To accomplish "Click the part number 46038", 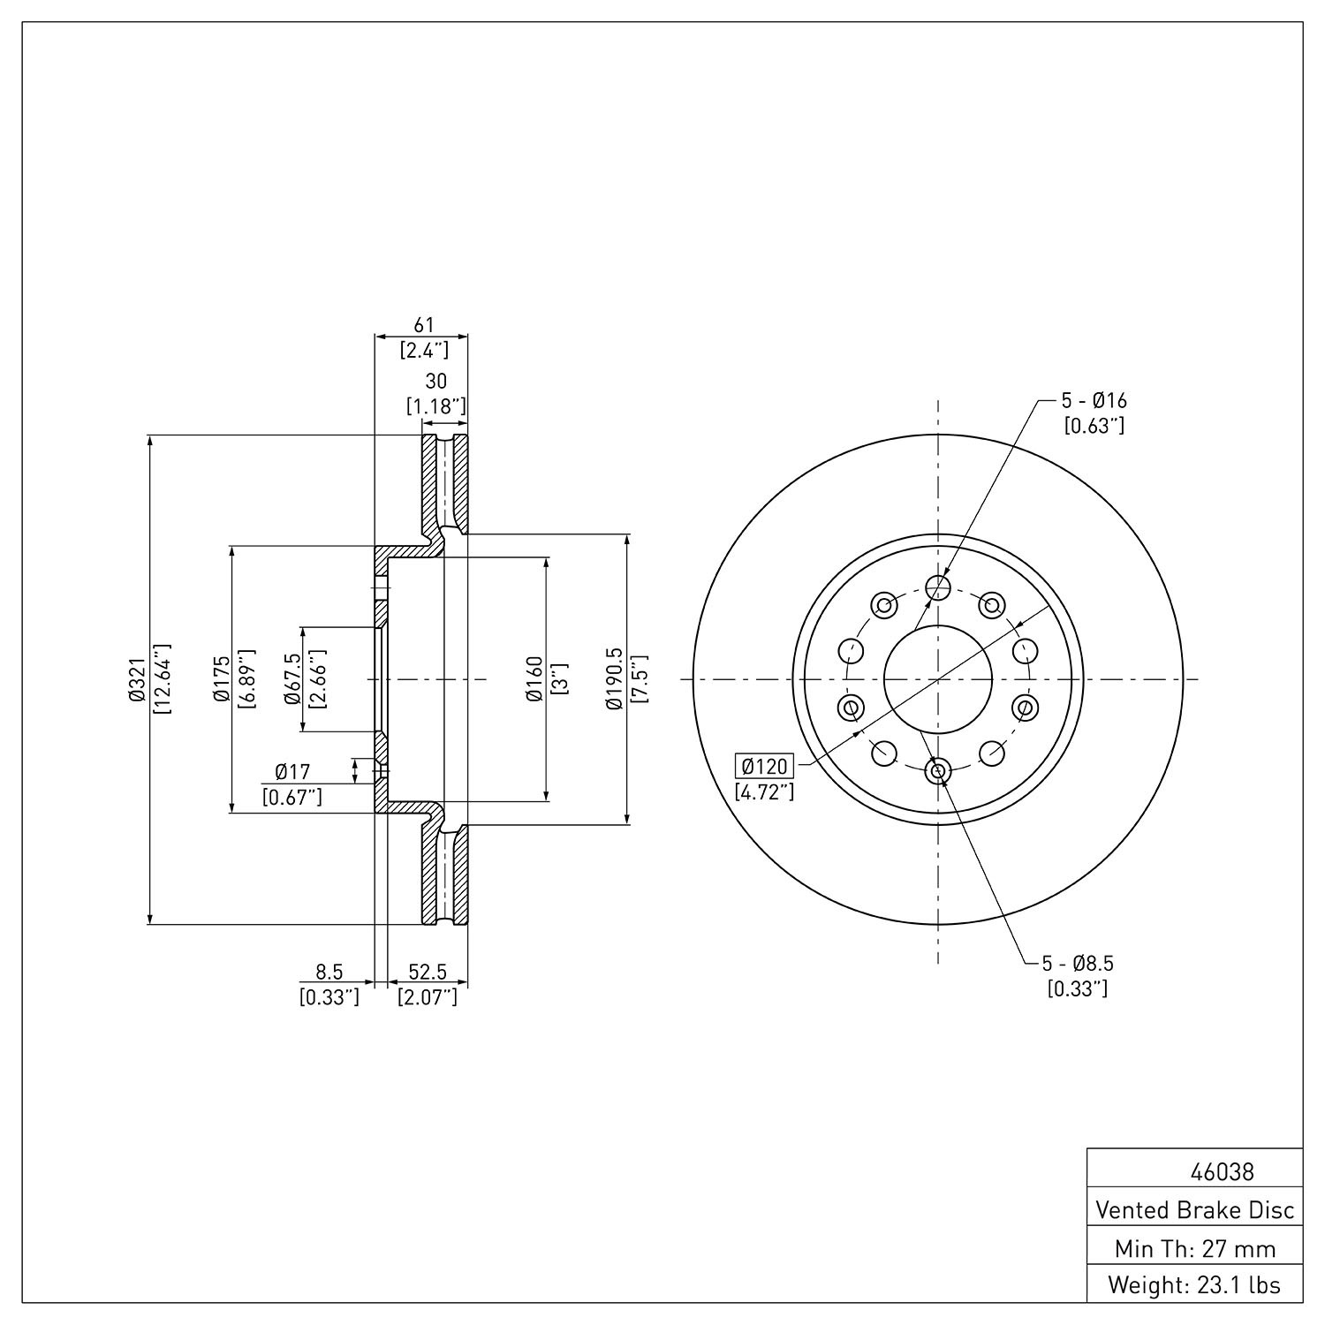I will pyautogui.click(x=1222, y=1172).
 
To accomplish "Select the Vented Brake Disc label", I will pyautogui.click(x=1194, y=1209).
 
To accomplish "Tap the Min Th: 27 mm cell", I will pyautogui.click(x=1194, y=1248).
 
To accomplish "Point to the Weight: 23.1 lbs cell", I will pyautogui.click(x=1194, y=1284).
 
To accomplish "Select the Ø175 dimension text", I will pyautogui.click(x=221, y=679).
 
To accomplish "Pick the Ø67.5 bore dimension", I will pyautogui.click(x=292, y=679).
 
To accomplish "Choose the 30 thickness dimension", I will pyautogui.click(x=436, y=381).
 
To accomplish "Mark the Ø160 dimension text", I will pyautogui.click(x=534, y=679).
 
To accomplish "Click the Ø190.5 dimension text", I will pyautogui.click(x=614, y=679).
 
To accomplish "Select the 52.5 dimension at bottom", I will pyautogui.click(x=427, y=972).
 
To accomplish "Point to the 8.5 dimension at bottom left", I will pyautogui.click(x=329, y=972).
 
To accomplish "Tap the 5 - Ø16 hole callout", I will pyautogui.click(x=1094, y=400).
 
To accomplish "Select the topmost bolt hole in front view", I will pyautogui.click(x=938, y=587).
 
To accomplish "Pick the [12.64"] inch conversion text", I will pyautogui.click(x=162, y=679).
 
